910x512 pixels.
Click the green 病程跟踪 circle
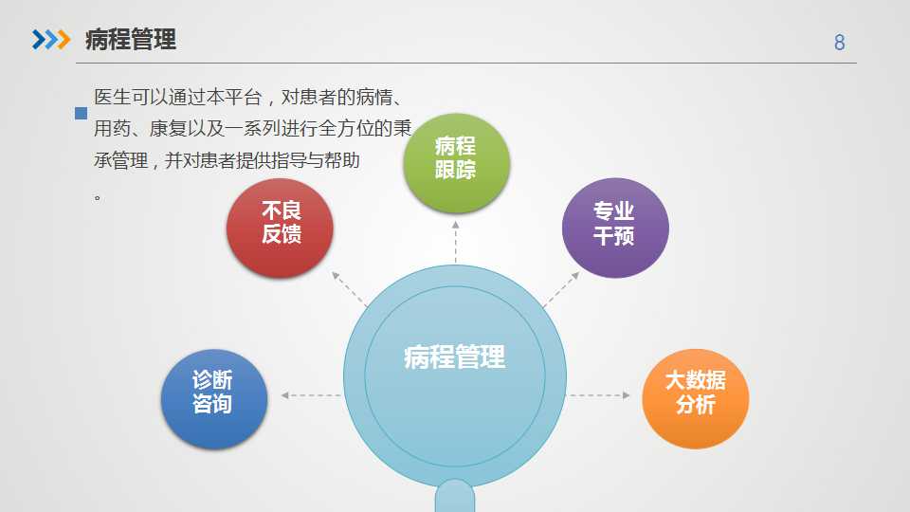[457, 163]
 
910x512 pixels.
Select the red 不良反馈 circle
[280, 228]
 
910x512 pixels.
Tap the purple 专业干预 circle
[615, 228]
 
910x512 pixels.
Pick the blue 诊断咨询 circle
[214, 399]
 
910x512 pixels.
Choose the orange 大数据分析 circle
[695, 399]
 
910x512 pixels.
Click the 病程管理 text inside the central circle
[454, 357]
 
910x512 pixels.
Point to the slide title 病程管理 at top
[131, 40]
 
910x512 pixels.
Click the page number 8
[839, 43]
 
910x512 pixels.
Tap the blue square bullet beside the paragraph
[82, 113]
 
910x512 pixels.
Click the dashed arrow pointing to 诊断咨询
[311, 395]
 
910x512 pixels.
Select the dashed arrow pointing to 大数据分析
[599, 395]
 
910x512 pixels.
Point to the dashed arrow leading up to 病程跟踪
[456, 242]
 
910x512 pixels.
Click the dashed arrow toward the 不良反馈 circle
[350, 288]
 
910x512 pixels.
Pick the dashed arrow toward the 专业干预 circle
[561, 288]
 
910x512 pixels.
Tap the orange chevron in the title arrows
[64, 40]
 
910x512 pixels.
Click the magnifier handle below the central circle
[455, 496]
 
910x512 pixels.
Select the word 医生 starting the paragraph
[112, 97]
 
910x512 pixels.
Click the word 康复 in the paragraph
[167, 128]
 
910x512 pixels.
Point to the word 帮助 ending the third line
[342, 160]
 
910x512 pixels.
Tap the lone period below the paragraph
[98, 197]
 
